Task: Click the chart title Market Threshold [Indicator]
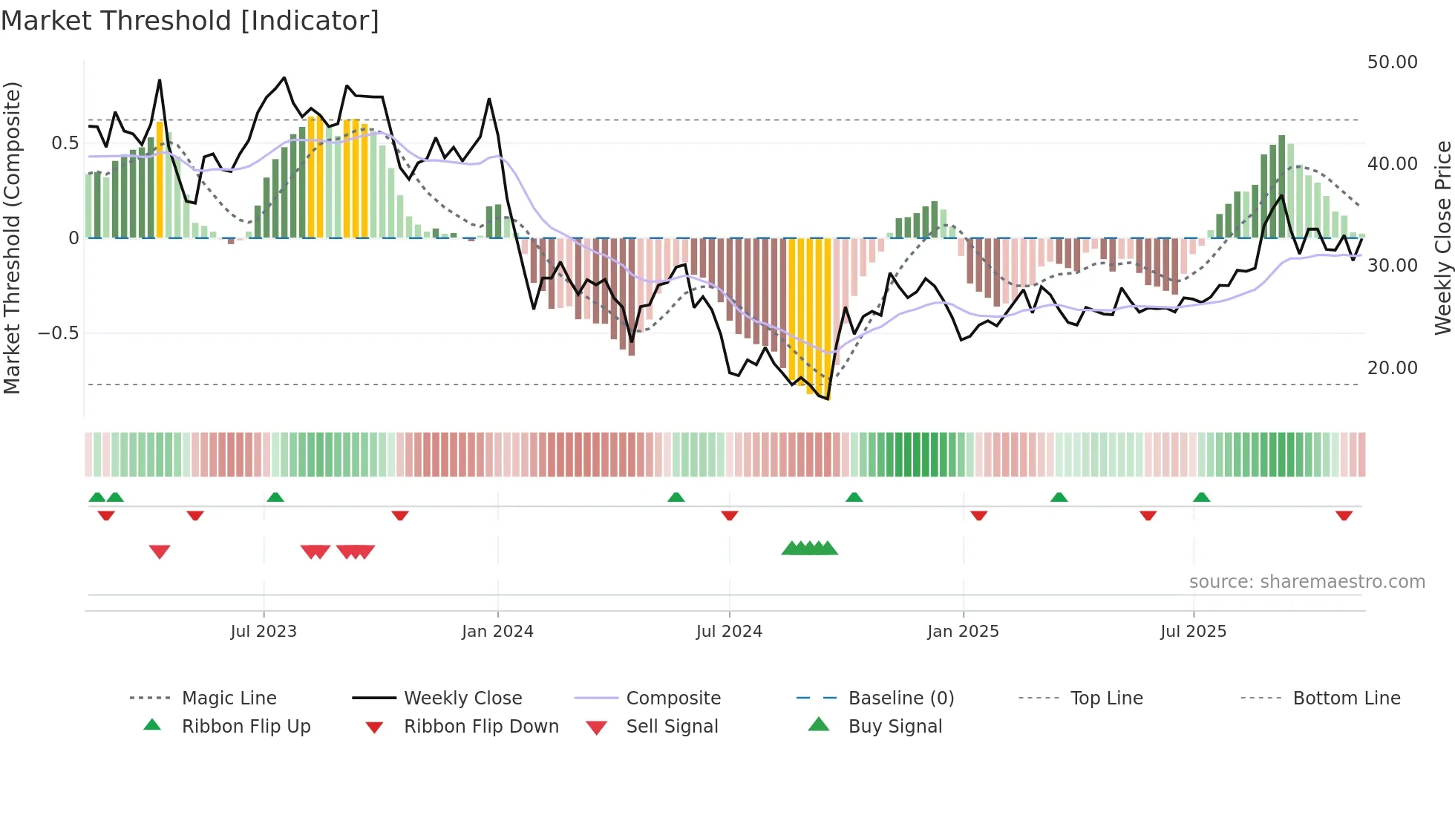[x=190, y=21]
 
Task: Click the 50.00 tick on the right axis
[x=1392, y=62]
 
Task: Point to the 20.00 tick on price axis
[x=1392, y=368]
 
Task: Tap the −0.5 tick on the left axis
[x=59, y=333]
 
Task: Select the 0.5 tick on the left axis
[x=65, y=143]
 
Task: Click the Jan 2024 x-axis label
[x=497, y=632]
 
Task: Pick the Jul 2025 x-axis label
[x=1193, y=632]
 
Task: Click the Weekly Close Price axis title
[x=1442, y=238]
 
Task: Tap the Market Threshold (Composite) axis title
[x=12, y=238]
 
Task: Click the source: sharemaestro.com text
[x=1307, y=582]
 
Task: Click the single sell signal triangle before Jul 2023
[x=160, y=552]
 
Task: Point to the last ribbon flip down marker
[x=1344, y=515]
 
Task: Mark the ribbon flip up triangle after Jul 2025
[x=1201, y=497]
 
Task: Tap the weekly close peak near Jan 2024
[x=489, y=99]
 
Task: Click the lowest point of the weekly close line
[x=827, y=399]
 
